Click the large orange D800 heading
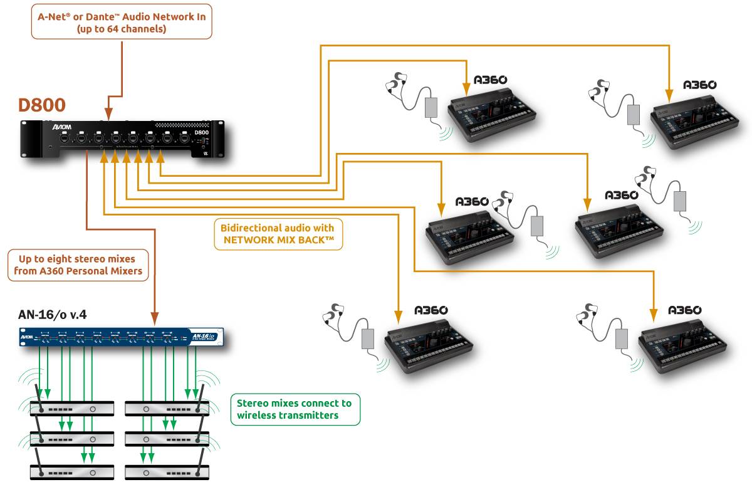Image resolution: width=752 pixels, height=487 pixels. coord(42,105)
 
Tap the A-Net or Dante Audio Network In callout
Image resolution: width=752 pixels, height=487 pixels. coord(121,23)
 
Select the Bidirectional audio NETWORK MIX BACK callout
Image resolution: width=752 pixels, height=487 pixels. coord(278,233)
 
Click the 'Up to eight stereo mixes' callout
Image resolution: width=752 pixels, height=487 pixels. coord(76,265)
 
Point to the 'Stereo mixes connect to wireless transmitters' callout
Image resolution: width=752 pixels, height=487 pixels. coord(295,409)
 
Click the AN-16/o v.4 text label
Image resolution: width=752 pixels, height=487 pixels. coord(53,315)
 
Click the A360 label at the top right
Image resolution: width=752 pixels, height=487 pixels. coord(699,85)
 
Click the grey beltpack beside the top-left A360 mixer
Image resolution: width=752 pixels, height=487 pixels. coord(431,106)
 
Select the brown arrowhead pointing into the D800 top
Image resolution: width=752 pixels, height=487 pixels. coord(109,115)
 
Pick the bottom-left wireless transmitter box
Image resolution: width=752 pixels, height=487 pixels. coord(72,471)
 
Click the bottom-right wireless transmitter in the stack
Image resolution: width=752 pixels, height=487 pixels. coord(166,471)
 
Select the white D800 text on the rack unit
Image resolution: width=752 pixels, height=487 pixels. coord(201,132)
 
